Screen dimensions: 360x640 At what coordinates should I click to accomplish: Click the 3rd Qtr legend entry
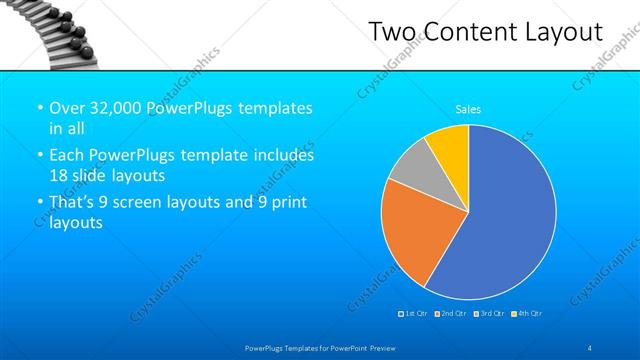pos(490,314)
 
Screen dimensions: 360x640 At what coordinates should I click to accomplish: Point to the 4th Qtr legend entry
pos(527,314)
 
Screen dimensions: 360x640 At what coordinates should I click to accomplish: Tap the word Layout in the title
pos(564,33)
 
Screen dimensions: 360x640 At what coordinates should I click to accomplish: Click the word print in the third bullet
pos(286,202)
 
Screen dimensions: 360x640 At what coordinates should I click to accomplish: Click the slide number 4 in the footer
pos(590,347)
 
